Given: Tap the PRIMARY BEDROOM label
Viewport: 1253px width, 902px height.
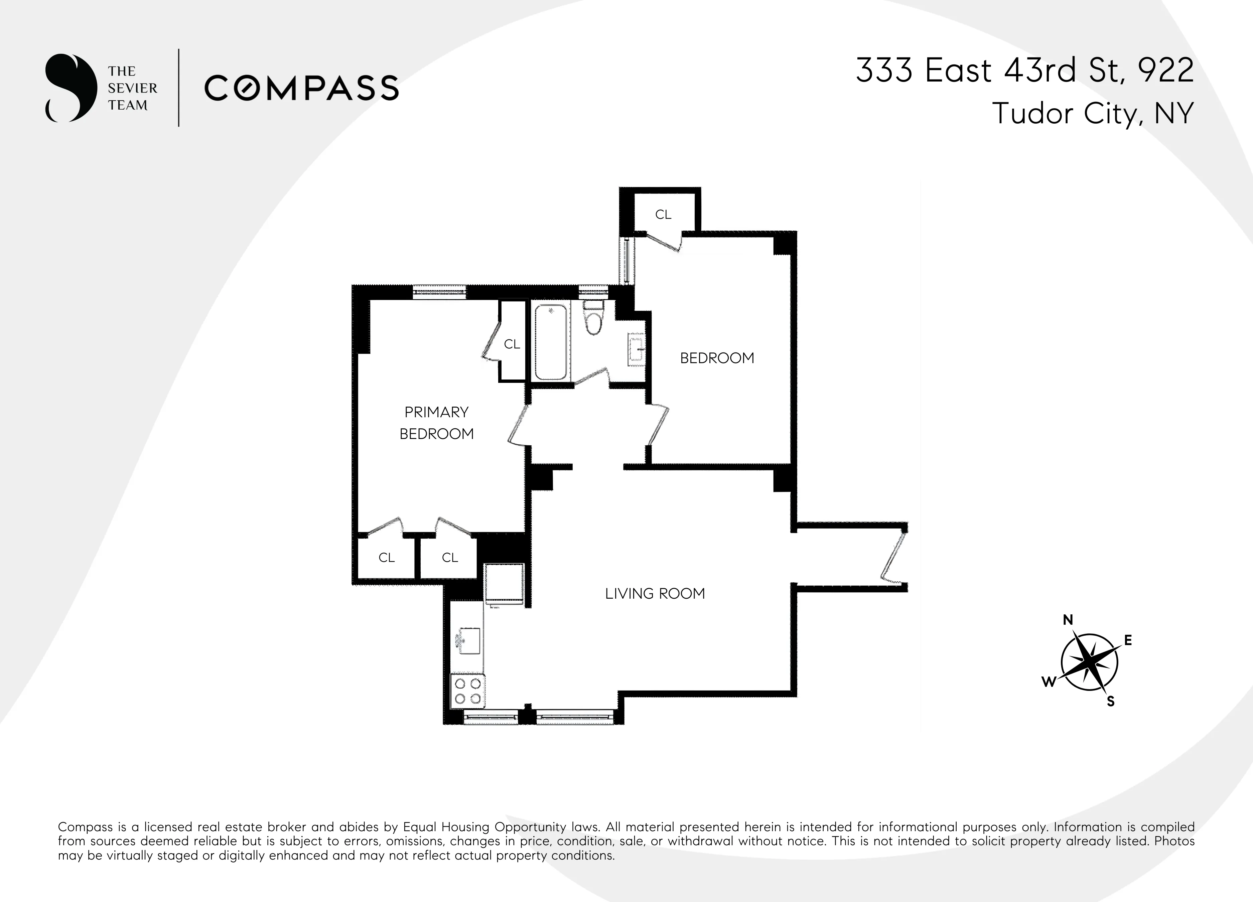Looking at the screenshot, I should click(x=436, y=423).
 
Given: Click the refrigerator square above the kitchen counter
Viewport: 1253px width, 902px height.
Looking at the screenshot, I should click(x=504, y=584).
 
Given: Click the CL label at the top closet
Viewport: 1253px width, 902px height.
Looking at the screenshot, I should click(x=663, y=215).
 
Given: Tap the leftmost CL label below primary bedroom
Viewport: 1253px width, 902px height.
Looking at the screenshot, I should click(x=386, y=558).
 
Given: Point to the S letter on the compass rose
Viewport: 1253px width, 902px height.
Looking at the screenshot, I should click(x=1110, y=702).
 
